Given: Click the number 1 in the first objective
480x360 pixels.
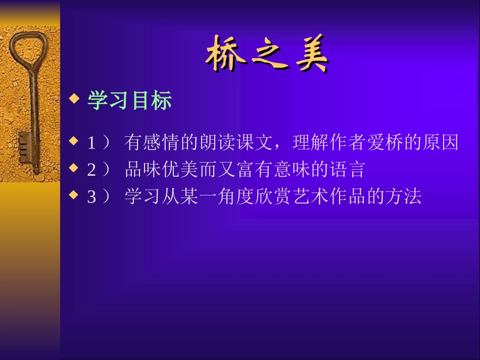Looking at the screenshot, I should pyautogui.click(x=91, y=144).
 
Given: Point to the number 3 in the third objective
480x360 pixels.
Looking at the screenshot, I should pyautogui.click(x=91, y=197).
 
